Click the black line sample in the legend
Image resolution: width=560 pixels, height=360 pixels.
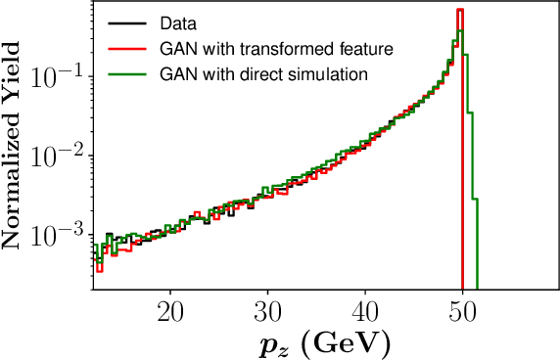(x=122, y=22)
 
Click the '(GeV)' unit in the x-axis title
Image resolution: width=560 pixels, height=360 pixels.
(x=344, y=344)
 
